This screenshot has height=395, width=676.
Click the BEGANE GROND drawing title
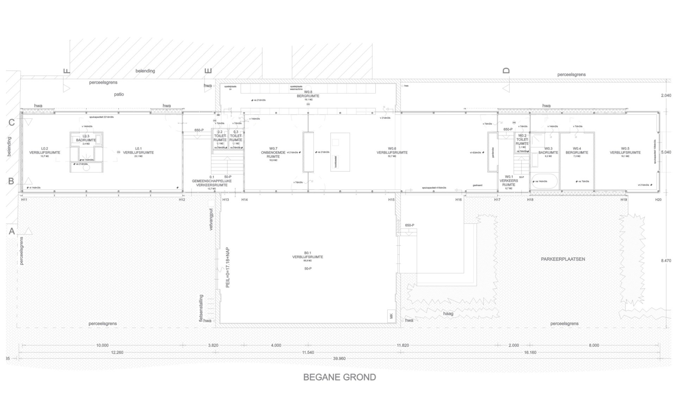pyautogui.click(x=339, y=377)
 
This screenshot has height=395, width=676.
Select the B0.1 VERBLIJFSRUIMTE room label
pyautogui.click(x=307, y=255)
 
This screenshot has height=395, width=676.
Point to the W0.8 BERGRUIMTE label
pyautogui.click(x=308, y=94)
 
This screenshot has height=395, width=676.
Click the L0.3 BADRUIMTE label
pyautogui.click(x=86, y=138)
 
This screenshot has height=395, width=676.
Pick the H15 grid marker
pyautogui.click(x=391, y=200)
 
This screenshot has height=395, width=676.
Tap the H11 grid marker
pyautogui.click(x=24, y=200)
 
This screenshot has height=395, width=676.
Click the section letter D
pyautogui.click(x=506, y=70)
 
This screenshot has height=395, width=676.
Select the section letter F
pyautogui.click(x=67, y=71)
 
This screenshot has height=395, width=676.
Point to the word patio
pyautogui.click(x=119, y=94)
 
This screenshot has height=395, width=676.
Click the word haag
pyautogui.click(x=448, y=314)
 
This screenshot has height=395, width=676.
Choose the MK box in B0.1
pyautogui.click(x=391, y=316)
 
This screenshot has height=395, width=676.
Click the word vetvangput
pyautogui.click(x=211, y=219)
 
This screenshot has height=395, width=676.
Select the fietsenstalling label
pyautogui.click(x=201, y=309)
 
